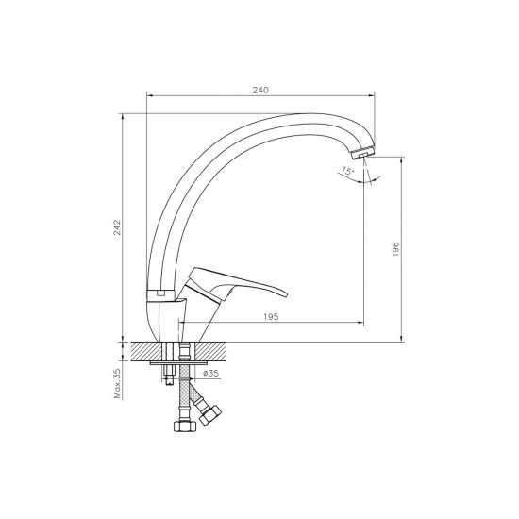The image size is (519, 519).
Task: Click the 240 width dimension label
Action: (261, 90)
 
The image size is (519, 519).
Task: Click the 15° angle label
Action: (348, 173)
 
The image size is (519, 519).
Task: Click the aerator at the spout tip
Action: (361, 151)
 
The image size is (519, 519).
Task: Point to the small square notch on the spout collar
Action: (161, 294)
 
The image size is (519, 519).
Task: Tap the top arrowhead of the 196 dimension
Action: (403, 161)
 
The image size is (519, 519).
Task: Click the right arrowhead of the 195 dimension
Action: (363, 325)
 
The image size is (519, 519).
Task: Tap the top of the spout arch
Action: (283, 117)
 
